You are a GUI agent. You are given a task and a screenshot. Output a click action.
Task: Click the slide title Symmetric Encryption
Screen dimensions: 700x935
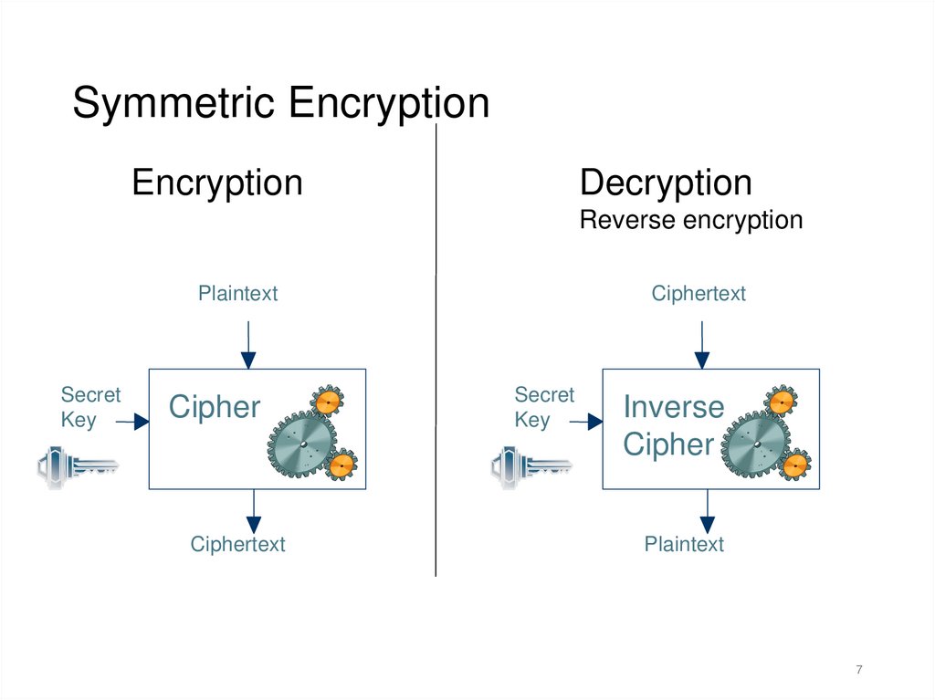(x=280, y=103)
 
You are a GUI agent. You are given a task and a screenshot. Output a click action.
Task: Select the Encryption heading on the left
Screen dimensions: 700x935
(x=216, y=183)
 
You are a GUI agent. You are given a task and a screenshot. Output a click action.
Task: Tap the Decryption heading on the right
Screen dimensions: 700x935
(x=666, y=183)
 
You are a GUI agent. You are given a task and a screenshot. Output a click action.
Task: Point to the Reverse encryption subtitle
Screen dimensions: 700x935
(x=690, y=220)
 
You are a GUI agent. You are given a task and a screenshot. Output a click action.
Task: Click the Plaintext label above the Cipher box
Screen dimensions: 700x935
(x=237, y=293)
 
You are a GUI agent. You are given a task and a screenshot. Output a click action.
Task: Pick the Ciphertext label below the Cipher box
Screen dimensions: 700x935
(x=237, y=544)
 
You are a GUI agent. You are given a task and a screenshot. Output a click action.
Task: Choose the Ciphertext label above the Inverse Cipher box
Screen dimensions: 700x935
(x=699, y=293)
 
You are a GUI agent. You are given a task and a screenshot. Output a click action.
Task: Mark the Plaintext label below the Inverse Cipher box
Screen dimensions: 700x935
(x=684, y=544)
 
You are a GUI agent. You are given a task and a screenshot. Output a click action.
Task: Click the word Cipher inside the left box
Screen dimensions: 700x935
(x=215, y=407)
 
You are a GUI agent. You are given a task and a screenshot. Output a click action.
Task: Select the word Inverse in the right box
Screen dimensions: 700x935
(x=673, y=407)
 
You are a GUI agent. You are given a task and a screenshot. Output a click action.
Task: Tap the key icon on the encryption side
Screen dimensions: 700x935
(x=78, y=465)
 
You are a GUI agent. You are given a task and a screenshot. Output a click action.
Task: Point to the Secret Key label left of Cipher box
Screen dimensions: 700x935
(x=89, y=407)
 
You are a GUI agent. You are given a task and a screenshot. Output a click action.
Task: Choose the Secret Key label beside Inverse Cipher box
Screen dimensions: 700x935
(x=543, y=407)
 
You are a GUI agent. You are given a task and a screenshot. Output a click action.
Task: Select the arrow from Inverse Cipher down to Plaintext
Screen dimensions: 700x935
(x=706, y=511)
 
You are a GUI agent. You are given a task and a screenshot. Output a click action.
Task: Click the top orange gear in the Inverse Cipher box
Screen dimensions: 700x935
(x=781, y=401)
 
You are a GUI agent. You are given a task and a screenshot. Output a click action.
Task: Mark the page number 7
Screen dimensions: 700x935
(x=858, y=671)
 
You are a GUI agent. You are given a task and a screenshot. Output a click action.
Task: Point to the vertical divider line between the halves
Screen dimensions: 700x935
(x=436, y=365)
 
